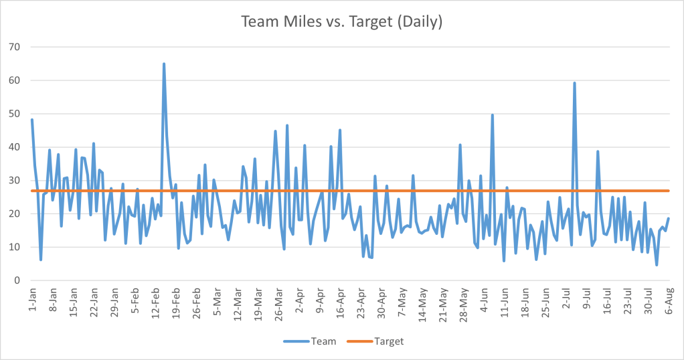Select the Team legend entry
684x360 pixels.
tap(315, 341)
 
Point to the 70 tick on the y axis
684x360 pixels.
tap(15, 47)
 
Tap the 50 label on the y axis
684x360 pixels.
tap(15, 114)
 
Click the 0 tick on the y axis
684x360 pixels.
tap(17, 280)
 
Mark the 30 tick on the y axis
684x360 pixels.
tap(15, 181)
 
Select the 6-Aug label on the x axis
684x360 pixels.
tap(669, 302)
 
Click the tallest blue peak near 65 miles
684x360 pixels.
tap(164, 64)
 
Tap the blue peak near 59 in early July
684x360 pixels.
tap(574, 83)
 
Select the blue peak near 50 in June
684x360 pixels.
tap(493, 114)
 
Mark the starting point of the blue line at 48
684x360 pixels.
tap(32, 120)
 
